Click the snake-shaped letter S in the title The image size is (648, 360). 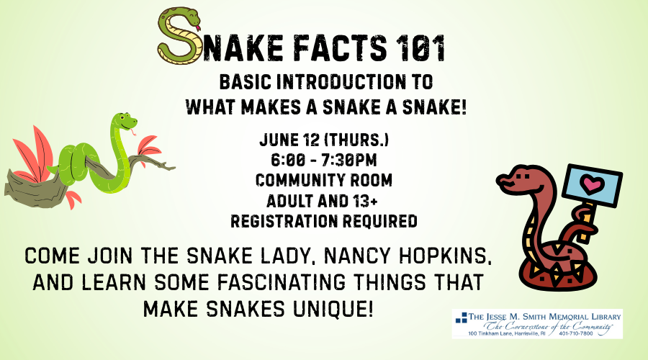tap(179, 37)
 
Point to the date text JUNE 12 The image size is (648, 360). tap(289, 140)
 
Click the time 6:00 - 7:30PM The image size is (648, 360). tap(324, 160)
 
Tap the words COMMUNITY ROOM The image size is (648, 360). tap(324, 180)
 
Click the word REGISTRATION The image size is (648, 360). tap(284, 221)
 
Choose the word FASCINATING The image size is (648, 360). tap(281, 282)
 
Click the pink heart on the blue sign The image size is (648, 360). tap(592, 184)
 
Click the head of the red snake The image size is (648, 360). tap(519, 179)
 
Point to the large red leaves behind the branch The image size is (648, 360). tap(35, 153)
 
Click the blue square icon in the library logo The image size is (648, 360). tap(462, 318)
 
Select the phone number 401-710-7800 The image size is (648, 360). tap(576, 333)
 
